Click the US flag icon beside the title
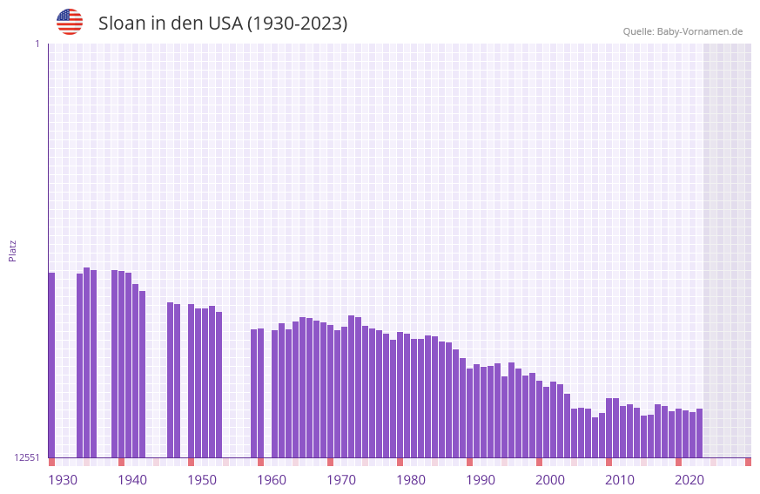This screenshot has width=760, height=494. pyautogui.click(x=70, y=22)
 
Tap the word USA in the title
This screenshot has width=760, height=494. pyautogui.click(x=225, y=24)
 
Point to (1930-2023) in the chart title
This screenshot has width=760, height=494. pyautogui.click(x=297, y=24)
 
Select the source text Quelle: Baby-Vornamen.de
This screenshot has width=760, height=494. pyautogui.click(x=683, y=31)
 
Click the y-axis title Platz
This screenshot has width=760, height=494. pyautogui.click(x=12, y=250)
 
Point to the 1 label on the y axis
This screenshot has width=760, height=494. pyautogui.click(x=37, y=44)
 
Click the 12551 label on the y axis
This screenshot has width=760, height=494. pyautogui.click(x=27, y=457)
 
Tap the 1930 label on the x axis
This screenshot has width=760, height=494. pyautogui.click(x=63, y=480)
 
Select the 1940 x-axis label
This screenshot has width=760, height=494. pyautogui.click(x=132, y=480)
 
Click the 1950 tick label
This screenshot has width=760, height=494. pyautogui.click(x=202, y=480)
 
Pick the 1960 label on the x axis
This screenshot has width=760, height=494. pyautogui.click(x=272, y=480)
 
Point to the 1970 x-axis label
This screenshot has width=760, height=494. pyautogui.click(x=341, y=480)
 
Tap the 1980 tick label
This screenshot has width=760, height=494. pyautogui.click(x=411, y=480)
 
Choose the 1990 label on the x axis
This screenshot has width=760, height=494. pyautogui.click(x=481, y=480)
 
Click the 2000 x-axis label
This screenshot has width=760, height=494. pyautogui.click(x=550, y=480)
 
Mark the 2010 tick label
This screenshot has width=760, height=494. pyautogui.click(x=620, y=480)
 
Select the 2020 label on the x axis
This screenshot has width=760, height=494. pyautogui.click(x=689, y=480)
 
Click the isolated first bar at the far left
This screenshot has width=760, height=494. pyautogui.click(x=51, y=366)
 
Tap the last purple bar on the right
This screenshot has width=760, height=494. pyautogui.click(x=699, y=433)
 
